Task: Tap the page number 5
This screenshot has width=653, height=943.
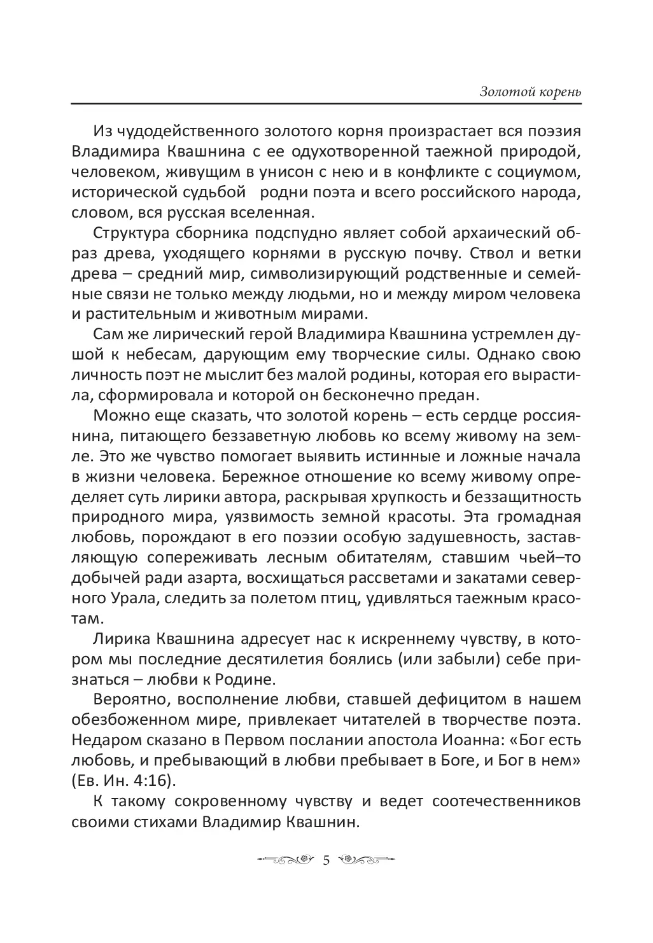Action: [326, 861]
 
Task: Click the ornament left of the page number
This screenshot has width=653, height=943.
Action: [286, 861]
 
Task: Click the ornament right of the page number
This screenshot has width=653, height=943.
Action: [368, 861]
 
